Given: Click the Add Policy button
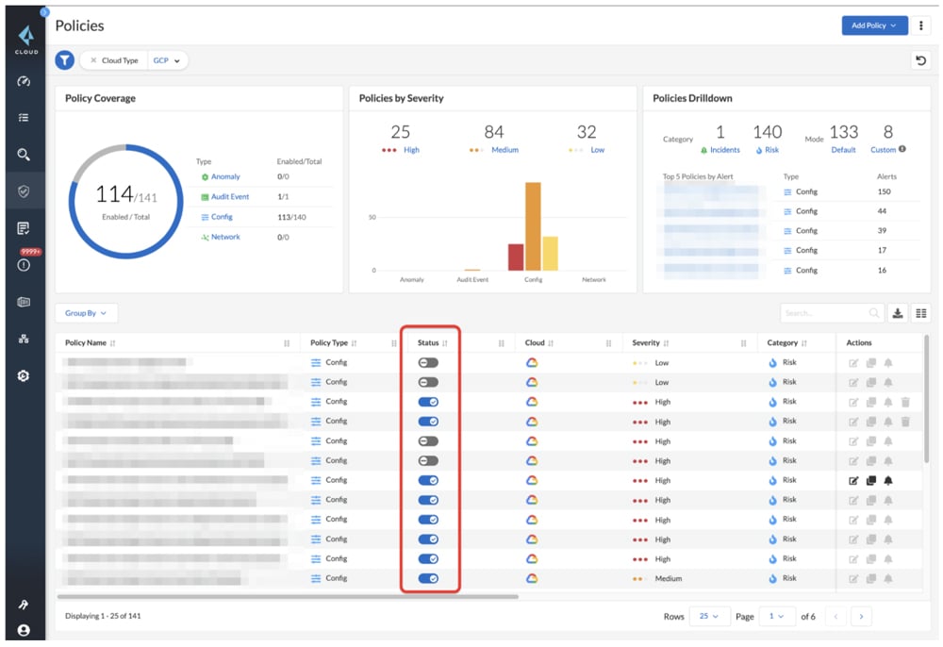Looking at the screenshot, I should [x=873, y=25].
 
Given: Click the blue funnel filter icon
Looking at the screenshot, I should [x=64, y=60].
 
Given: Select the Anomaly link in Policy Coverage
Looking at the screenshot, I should [x=225, y=176].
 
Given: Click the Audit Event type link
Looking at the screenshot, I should [x=229, y=196].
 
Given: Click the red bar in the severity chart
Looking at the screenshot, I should [x=516, y=257].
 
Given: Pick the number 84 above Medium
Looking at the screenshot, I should [x=494, y=132].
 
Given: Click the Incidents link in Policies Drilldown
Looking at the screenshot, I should [x=724, y=150].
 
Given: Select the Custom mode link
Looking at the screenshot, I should [x=883, y=150].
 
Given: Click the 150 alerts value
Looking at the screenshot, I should [x=884, y=191].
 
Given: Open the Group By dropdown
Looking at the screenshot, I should [x=86, y=313].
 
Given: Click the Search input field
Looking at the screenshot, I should [x=825, y=313].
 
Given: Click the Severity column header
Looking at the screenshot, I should [x=647, y=343].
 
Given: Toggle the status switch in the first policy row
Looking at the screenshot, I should [x=428, y=362].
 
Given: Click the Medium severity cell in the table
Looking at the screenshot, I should [x=668, y=578].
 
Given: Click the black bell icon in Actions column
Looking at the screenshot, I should [x=888, y=480].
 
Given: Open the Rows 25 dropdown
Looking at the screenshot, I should [x=707, y=616].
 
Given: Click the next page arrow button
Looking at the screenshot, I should [x=860, y=616].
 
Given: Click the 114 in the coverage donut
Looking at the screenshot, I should [x=113, y=195].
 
